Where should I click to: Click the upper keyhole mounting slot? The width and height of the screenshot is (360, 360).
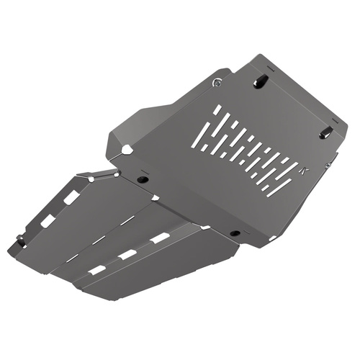click(x=261, y=81)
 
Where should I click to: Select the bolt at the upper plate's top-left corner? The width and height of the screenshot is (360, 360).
click(x=217, y=83)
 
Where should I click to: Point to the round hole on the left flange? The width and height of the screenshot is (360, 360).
click(x=127, y=150)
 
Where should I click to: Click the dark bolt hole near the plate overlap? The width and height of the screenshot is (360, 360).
click(x=143, y=178)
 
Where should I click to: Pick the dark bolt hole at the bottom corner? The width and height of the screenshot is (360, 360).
click(x=235, y=234)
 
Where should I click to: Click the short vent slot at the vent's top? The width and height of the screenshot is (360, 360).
click(x=217, y=111)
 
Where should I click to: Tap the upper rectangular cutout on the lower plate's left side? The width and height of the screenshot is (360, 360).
click(x=71, y=197)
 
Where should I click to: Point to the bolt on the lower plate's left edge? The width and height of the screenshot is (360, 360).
click(x=22, y=240)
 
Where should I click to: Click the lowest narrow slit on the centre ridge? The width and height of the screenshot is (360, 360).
click(x=73, y=257)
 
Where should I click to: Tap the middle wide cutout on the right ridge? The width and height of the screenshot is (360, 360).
click(x=128, y=254)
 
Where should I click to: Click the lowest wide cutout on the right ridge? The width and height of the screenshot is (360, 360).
click(x=96, y=270)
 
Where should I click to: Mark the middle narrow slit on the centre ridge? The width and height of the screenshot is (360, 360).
click(x=102, y=238)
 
